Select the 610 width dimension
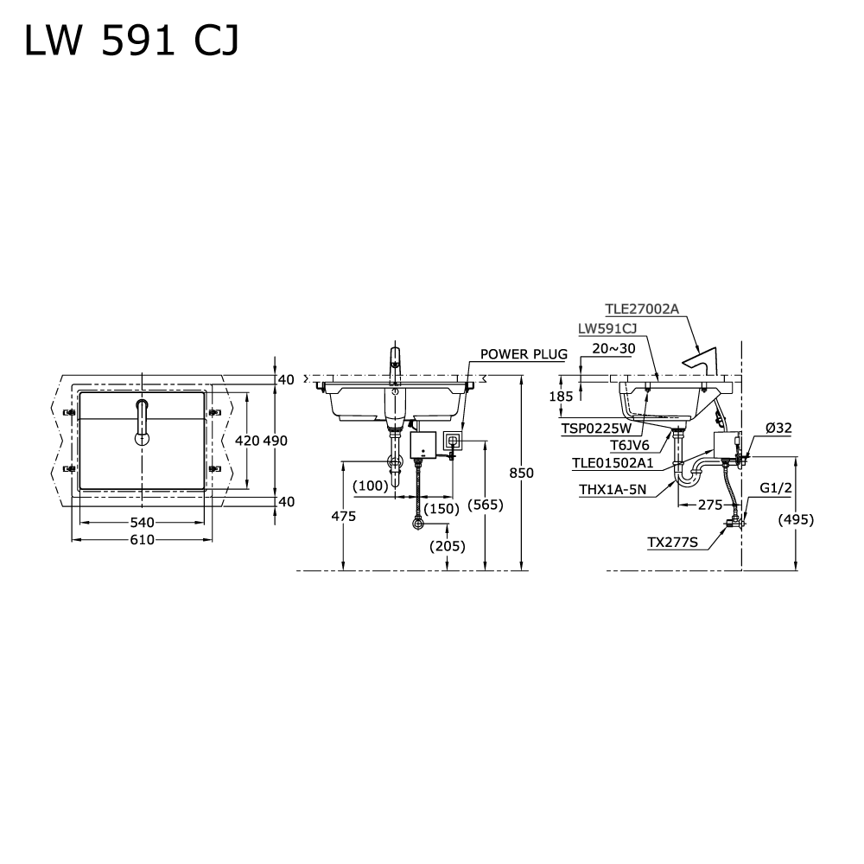(x=142, y=540)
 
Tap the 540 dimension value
(x=142, y=522)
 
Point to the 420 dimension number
(x=247, y=440)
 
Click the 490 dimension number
(x=275, y=440)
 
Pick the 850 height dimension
(x=522, y=473)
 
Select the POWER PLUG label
(x=524, y=354)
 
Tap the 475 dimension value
(x=344, y=516)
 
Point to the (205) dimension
(x=448, y=545)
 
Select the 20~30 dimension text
(x=614, y=347)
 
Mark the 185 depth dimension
(x=561, y=397)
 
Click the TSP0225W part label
(x=596, y=427)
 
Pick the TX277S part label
(x=673, y=543)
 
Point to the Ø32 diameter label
(x=778, y=428)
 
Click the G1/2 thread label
(x=776, y=488)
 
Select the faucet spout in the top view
(x=142, y=420)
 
